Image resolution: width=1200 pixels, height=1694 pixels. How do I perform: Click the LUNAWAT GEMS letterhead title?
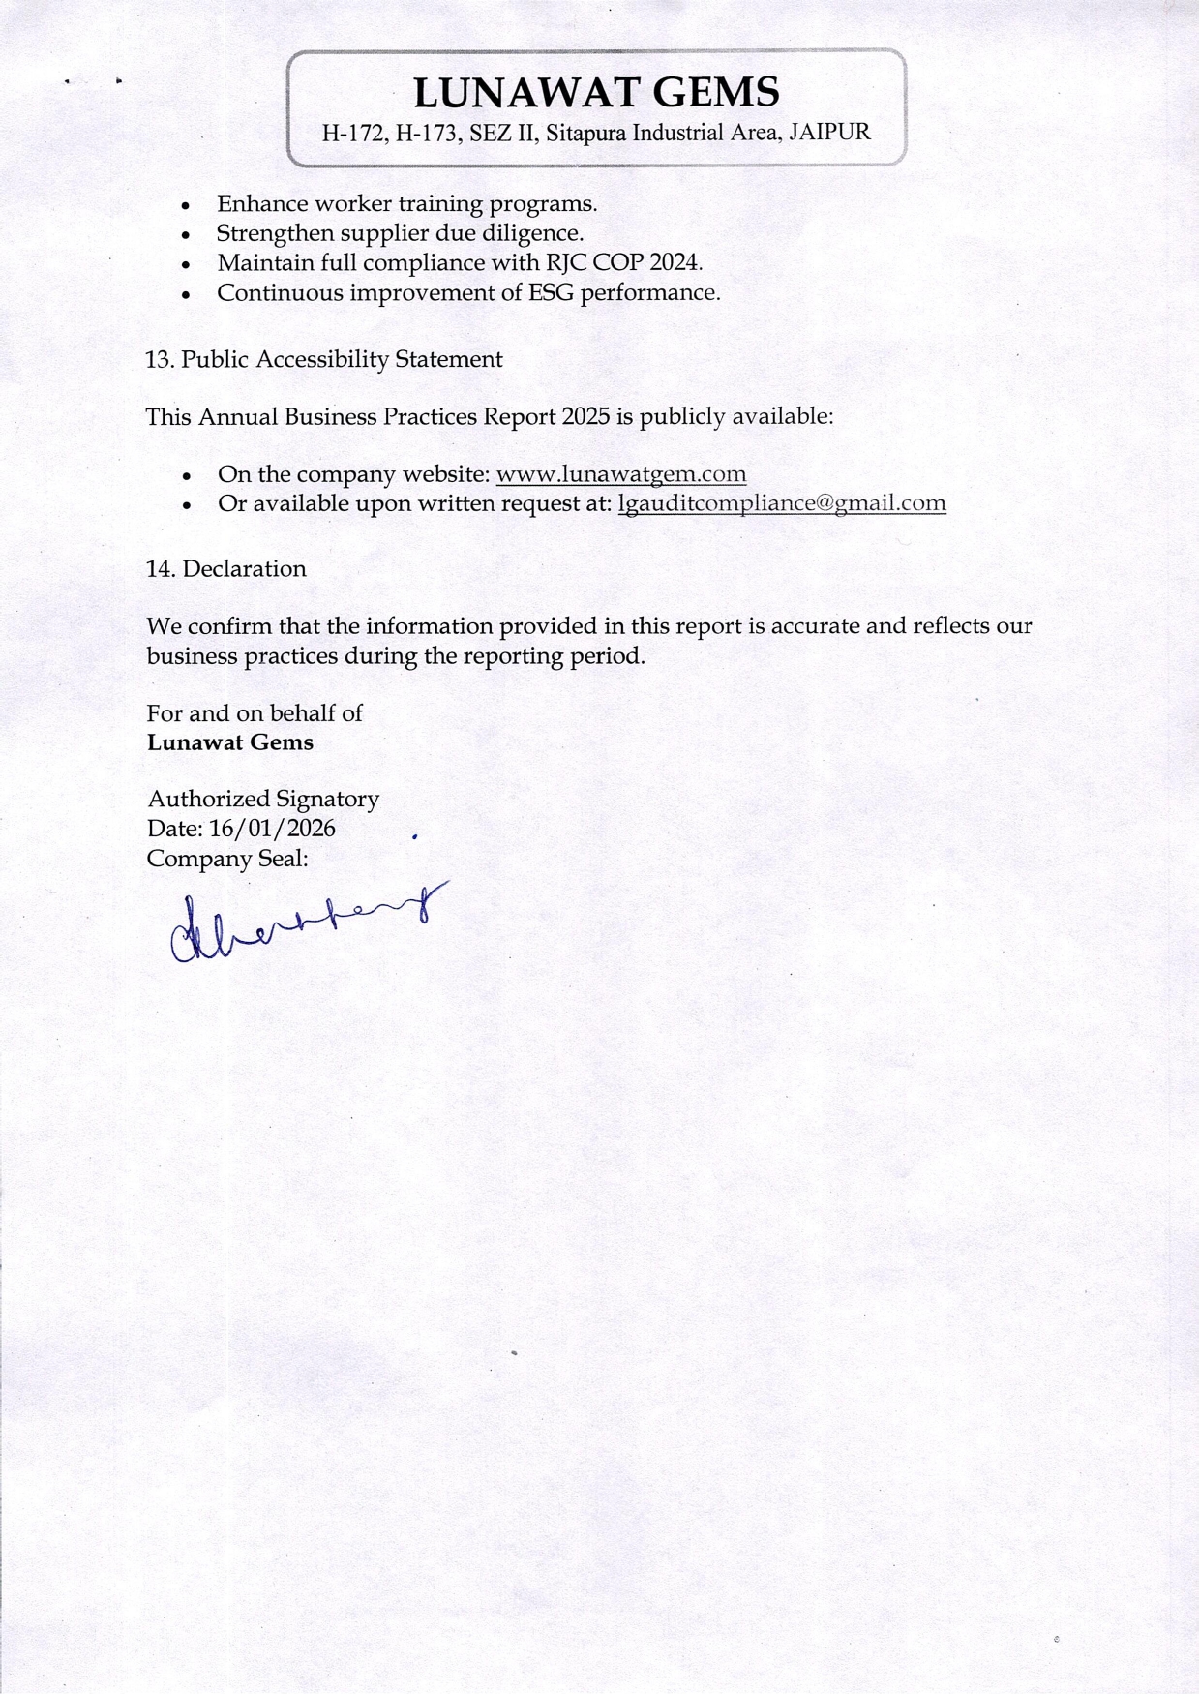(596, 93)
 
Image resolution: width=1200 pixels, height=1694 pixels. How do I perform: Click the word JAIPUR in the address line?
(830, 133)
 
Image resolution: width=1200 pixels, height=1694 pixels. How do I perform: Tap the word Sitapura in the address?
(585, 134)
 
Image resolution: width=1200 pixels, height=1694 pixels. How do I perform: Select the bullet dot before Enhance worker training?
(186, 206)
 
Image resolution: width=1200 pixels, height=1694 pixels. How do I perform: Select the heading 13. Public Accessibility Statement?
(324, 359)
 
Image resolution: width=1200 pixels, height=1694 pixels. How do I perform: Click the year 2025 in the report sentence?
(585, 416)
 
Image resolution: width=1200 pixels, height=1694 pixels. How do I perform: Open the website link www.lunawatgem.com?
(620, 474)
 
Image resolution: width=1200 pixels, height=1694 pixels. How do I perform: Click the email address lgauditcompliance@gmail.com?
(781, 503)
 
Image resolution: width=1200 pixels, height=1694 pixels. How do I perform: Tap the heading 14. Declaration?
(226, 568)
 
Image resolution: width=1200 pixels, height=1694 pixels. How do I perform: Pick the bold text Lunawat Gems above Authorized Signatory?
(230, 742)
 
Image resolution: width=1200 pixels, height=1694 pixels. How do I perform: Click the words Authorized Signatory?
(263, 799)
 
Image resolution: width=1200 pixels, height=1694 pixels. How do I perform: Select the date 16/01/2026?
(272, 829)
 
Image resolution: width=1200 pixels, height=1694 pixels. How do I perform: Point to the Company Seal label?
(227, 859)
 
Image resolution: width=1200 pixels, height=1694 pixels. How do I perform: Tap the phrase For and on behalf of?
(255, 713)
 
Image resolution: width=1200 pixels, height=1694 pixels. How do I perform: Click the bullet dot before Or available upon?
(186, 505)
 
